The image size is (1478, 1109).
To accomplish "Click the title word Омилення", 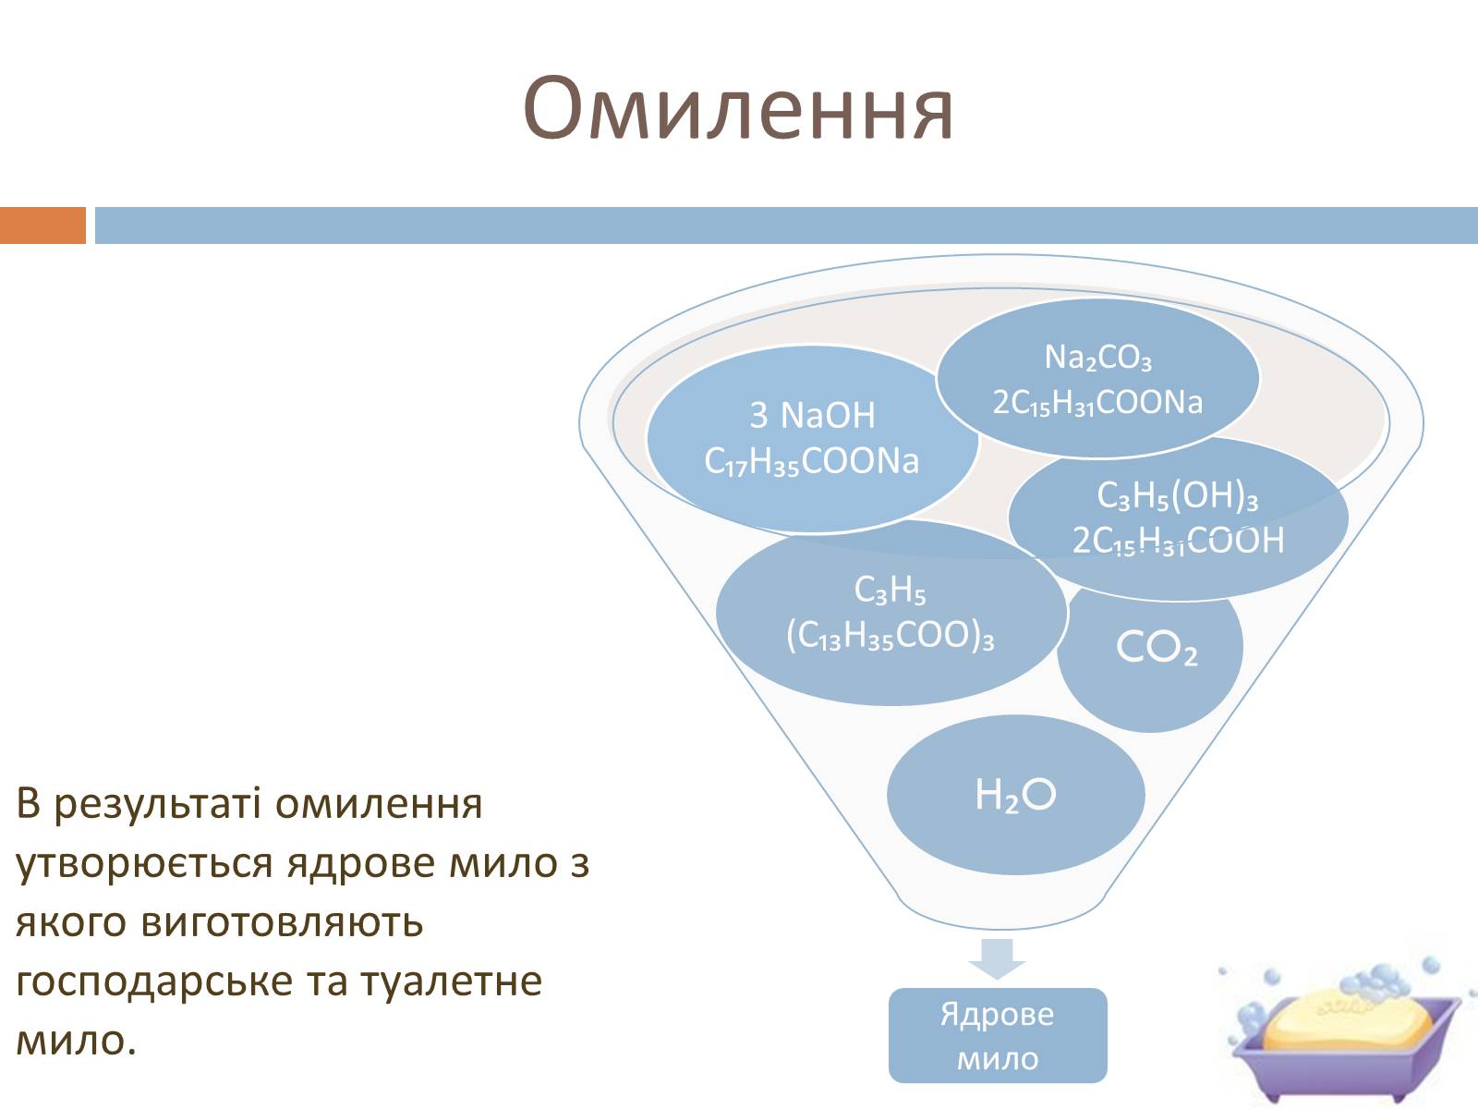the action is (x=738, y=109).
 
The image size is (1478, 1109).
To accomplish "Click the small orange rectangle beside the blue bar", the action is (x=43, y=225).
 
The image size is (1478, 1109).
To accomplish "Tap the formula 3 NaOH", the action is (x=812, y=415).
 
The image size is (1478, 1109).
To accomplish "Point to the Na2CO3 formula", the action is (x=1097, y=358).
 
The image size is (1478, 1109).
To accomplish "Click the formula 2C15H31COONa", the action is (x=1097, y=403).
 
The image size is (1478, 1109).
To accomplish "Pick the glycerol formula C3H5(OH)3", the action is (x=1178, y=495).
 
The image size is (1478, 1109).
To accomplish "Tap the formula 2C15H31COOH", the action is (x=1178, y=541).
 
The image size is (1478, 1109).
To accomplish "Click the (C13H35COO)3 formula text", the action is (x=890, y=635).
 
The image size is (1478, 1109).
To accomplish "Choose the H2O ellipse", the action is (x=1016, y=795).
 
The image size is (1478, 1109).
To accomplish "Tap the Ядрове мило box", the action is (x=998, y=1036).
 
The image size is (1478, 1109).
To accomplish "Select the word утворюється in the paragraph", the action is (x=143, y=865).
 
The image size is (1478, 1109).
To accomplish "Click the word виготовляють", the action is (x=282, y=923).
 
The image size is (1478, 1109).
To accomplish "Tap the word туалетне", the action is (x=452, y=982).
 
